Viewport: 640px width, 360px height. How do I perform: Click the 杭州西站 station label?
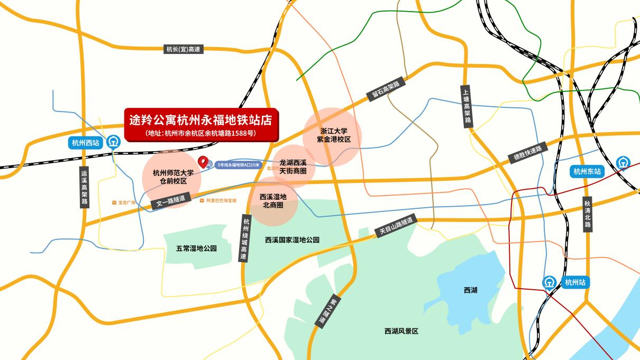pos(85,142)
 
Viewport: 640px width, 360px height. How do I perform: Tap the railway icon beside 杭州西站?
pos(113,142)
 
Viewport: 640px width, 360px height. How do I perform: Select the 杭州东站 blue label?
pos(588,171)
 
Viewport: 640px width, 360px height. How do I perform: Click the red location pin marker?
pos(202,162)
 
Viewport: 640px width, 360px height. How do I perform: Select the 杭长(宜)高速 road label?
pos(183,49)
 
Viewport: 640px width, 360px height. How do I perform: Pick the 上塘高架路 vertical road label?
pos(466,106)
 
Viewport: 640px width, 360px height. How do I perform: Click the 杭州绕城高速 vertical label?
pos(244,238)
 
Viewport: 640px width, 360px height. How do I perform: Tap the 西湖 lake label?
pos(470,290)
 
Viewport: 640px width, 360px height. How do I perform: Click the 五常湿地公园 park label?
pos(196,248)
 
